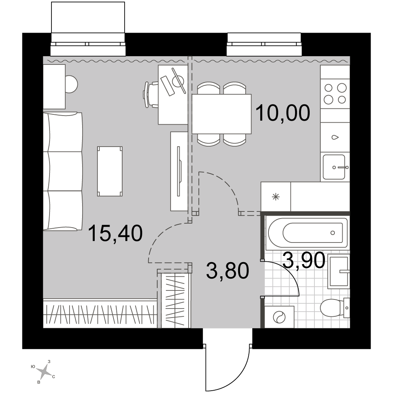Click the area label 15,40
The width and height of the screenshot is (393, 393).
pyautogui.click(x=115, y=233)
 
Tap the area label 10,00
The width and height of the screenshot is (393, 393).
pyautogui.click(x=283, y=113)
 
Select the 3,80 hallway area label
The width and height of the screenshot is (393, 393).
pyautogui.click(x=228, y=271)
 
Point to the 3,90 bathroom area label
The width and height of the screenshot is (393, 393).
pyautogui.click(x=304, y=261)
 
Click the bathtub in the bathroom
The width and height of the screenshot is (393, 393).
pyautogui.click(x=308, y=233)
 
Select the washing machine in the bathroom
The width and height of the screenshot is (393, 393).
pyautogui.click(x=279, y=317)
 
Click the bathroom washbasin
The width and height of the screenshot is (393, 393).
pyautogui.click(x=338, y=271)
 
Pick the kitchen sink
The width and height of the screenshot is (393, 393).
pyautogui.click(x=334, y=167)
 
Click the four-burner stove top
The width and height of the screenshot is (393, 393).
pyautogui.click(x=335, y=94)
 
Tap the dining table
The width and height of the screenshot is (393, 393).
pyautogui.click(x=222, y=114)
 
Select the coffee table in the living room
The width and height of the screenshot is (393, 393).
pyautogui.click(x=110, y=171)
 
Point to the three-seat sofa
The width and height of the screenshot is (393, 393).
pyautogui.click(x=62, y=171)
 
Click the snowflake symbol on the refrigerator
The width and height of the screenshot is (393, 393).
pyautogui.click(x=276, y=197)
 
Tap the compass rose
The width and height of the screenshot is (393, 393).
pyautogui.click(x=44, y=371)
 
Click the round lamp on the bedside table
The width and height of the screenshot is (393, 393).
pyautogui.click(x=72, y=84)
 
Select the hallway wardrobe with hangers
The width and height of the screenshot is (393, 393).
pyautogui.click(x=174, y=300)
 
